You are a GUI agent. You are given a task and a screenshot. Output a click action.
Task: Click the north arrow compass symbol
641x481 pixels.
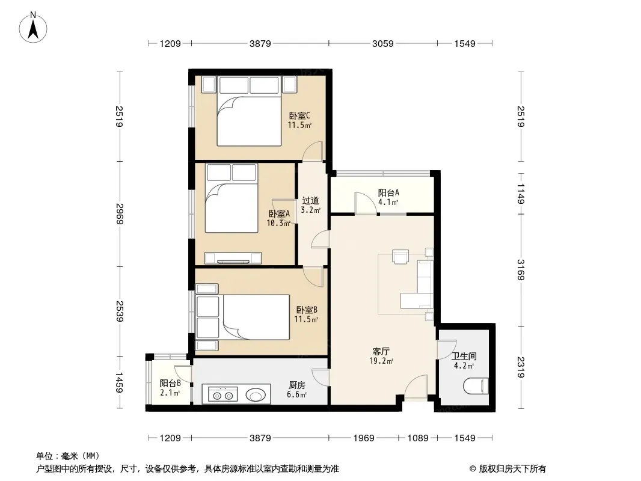click(33, 28)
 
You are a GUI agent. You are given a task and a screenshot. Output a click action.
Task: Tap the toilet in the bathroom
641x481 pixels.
click(476, 386)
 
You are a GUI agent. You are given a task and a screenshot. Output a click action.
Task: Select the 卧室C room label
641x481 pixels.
click(299, 115)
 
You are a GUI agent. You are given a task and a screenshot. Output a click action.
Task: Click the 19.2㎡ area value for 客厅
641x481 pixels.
click(381, 361)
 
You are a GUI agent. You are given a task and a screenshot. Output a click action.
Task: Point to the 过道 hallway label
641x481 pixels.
click(310, 201)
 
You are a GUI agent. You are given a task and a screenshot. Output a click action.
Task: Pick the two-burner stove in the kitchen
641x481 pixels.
click(223, 395)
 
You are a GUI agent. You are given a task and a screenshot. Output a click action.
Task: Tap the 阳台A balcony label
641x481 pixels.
click(388, 192)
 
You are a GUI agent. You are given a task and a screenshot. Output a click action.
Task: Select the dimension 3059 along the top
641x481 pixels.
click(382, 43)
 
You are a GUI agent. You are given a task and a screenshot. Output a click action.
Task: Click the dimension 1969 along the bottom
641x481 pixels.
click(364, 438)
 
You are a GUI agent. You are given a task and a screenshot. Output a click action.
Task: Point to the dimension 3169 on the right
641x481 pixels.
click(520, 270)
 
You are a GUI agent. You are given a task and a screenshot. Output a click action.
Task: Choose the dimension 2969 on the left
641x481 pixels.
click(120, 213)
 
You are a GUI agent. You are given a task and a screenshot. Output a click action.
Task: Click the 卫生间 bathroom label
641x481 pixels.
click(464, 357)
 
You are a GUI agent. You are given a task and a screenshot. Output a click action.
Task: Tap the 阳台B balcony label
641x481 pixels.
click(170, 384)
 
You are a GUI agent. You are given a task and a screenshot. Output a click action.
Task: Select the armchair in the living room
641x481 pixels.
click(400, 256)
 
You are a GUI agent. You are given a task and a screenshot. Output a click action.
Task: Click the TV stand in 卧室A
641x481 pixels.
click(233, 259)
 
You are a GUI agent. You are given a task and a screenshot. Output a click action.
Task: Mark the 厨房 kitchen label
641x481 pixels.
click(297, 385)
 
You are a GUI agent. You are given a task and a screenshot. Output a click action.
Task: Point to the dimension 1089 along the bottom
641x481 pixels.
click(418, 438)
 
